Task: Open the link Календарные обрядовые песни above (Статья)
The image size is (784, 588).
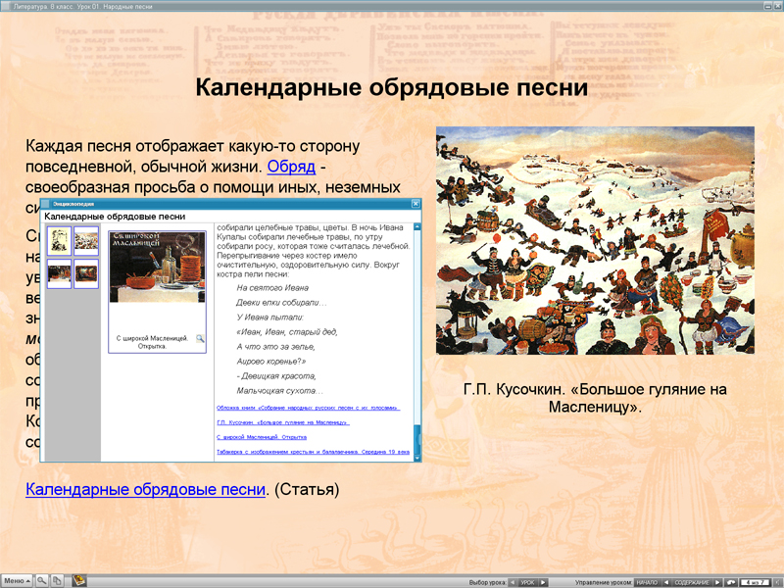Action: (145, 489)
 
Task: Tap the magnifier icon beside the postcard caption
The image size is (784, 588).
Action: (200, 338)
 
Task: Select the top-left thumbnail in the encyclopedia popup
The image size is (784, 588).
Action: (60, 241)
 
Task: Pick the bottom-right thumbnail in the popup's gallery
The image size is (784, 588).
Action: (86, 274)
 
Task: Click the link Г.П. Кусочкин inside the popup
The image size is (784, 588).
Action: (282, 422)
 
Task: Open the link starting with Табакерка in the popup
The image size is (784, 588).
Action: (313, 452)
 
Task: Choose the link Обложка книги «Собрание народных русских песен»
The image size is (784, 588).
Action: (308, 408)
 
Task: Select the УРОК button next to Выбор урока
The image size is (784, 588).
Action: (527, 582)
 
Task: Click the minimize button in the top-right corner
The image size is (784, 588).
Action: (756, 5)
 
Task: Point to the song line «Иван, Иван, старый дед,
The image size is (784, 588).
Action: (286, 332)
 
